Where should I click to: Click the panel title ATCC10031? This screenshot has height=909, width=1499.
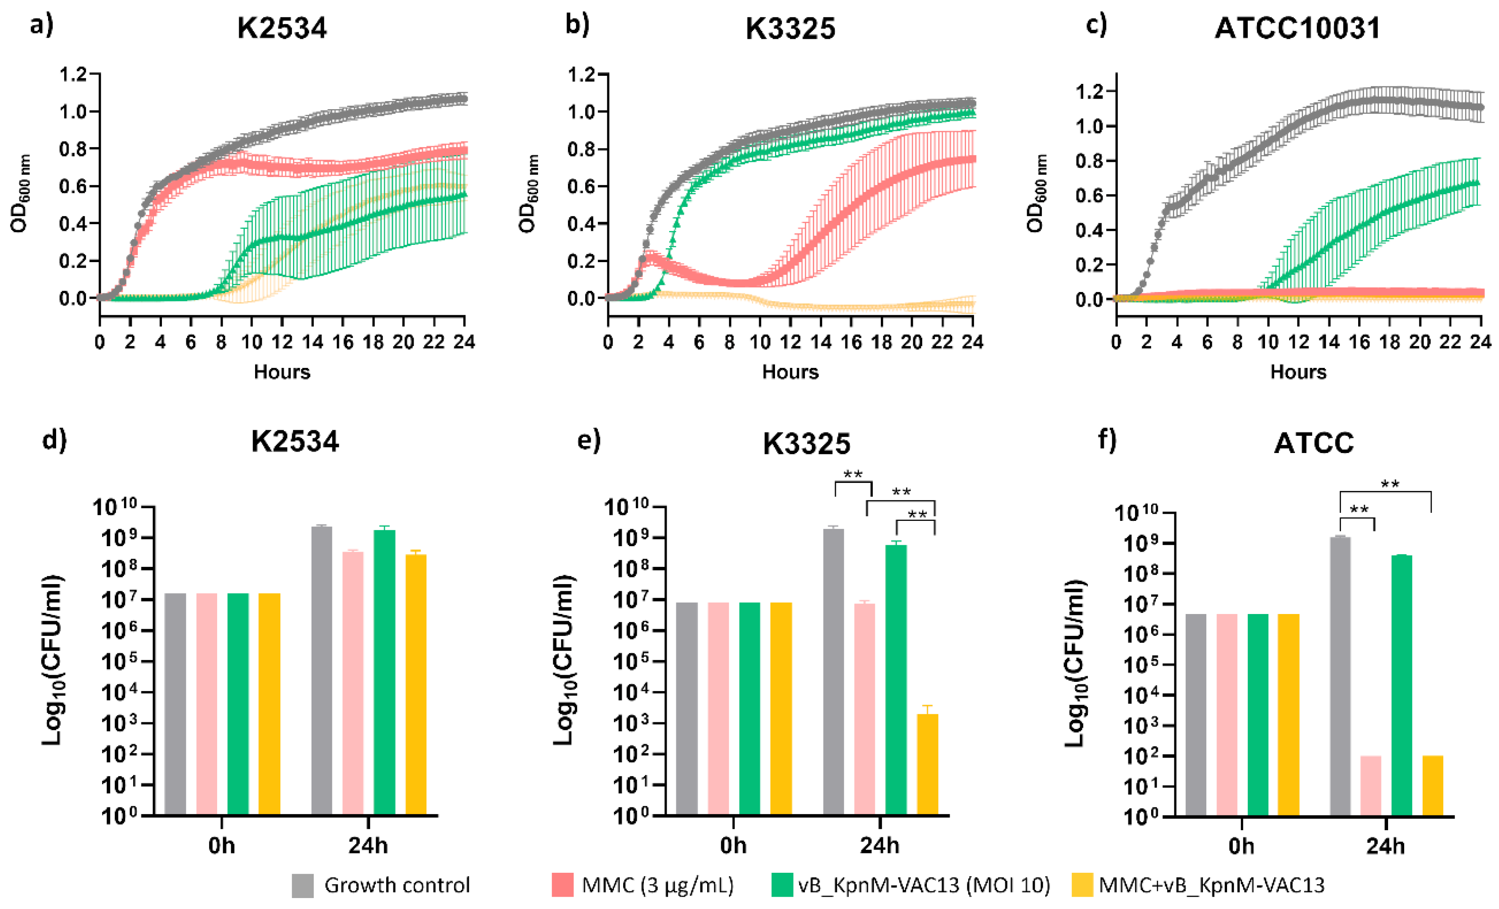click(x=1297, y=28)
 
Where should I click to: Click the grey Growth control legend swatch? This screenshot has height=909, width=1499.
click(x=302, y=885)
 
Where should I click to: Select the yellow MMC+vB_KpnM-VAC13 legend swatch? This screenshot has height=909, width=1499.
click(x=1083, y=885)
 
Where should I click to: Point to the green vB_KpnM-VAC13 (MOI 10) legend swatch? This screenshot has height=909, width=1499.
click(x=782, y=885)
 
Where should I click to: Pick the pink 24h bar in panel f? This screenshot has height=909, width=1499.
click(x=1371, y=785)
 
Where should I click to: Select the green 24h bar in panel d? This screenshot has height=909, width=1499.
click(x=385, y=672)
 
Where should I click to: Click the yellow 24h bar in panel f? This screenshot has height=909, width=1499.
click(x=1433, y=785)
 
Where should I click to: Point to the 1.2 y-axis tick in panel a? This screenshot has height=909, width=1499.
click(x=73, y=75)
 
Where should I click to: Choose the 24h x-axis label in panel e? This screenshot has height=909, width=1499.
click(x=880, y=845)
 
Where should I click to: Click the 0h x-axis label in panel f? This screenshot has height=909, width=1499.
click(x=1241, y=846)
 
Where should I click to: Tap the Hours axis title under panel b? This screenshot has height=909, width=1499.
click(x=790, y=372)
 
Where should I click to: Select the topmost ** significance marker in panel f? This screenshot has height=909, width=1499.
click(x=1390, y=485)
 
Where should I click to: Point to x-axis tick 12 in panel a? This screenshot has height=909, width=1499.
click(x=282, y=342)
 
